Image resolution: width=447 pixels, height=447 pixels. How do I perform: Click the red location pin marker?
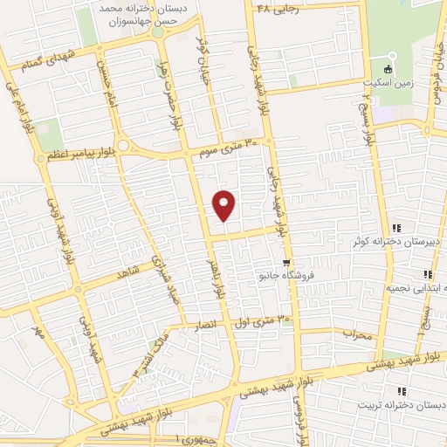[x=224, y=204]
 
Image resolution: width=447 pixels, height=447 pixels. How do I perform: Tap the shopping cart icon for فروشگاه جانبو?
[x=286, y=262]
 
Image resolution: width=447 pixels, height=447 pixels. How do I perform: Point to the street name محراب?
[x=357, y=334]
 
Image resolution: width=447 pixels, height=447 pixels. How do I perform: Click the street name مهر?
[x=38, y=333]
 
